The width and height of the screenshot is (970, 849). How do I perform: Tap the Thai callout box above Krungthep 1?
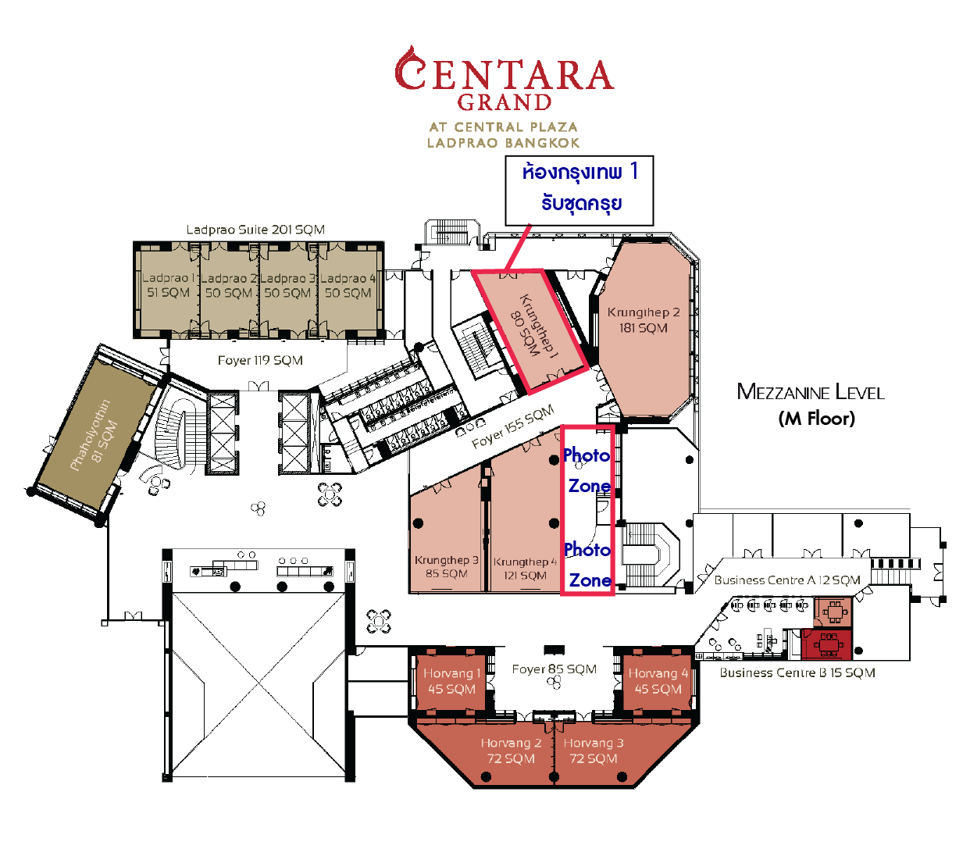579,191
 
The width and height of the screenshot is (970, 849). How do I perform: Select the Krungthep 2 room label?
644,320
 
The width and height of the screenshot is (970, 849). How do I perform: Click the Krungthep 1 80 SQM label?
532,326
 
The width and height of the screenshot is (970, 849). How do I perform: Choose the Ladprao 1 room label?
168,285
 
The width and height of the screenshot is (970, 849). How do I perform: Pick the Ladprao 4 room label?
348,285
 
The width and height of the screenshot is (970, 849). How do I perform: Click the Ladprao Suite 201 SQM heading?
255,230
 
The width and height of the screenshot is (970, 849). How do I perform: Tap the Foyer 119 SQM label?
260,360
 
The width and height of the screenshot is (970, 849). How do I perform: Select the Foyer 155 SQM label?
513,426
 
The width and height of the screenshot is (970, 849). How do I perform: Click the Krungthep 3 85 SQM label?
447,566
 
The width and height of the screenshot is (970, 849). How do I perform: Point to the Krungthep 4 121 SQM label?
525,569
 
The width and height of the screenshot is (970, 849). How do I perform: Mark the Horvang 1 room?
451,682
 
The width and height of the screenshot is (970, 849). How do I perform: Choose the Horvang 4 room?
658,682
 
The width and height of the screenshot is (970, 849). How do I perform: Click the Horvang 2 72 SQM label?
511,751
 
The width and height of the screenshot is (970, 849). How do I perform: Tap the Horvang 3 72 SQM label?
594,751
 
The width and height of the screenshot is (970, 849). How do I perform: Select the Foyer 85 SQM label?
555,669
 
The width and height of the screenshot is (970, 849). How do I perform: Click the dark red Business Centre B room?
827,644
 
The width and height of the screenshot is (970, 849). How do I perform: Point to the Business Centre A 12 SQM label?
787,580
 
